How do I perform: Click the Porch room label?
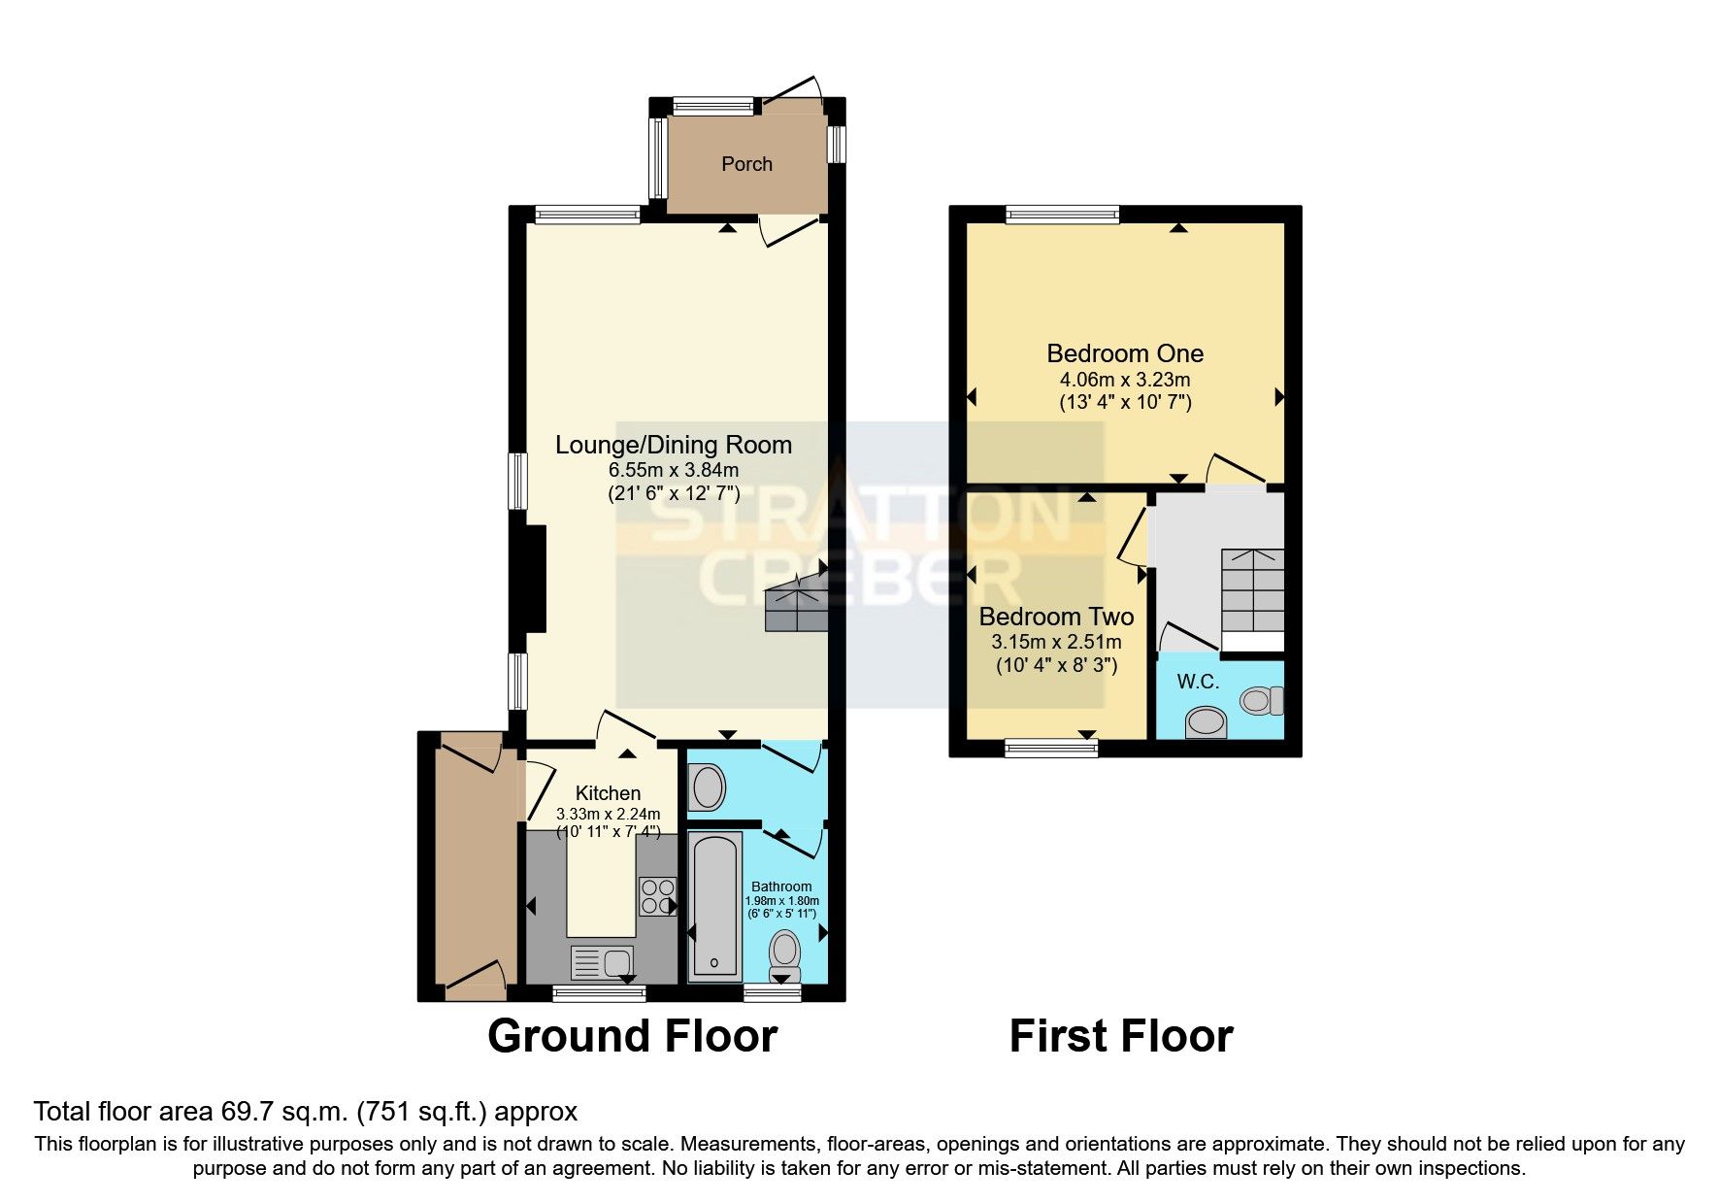pyautogui.click(x=746, y=164)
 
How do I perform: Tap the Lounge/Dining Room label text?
pyautogui.click(x=673, y=445)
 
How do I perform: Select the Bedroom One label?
pyautogui.click(x=1124, y=353)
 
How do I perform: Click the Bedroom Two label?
pyautogui.click(x=1055, y=617)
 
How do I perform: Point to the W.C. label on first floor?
pyautogui.click(x=1198, y=682)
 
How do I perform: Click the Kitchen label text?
pyautogui.click(x=608, y=793)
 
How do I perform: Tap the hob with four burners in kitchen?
pyautogui.click(x=657, y=895)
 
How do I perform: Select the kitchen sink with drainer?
pyautogui.click(x=603, y=963)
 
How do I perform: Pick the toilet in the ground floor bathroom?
pyautogui.click(x=784, y=955)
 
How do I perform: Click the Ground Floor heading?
pyautogui.click(x=632, y=1036)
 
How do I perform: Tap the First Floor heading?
pyautogui.click(x=1120, y=1036)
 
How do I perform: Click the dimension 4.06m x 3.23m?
pyautogui.click(x=1124, y=380)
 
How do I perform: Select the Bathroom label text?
pyautogui.click(x=781, y=886)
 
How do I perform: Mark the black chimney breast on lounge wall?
pyautogui.click(x=535, y=579)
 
